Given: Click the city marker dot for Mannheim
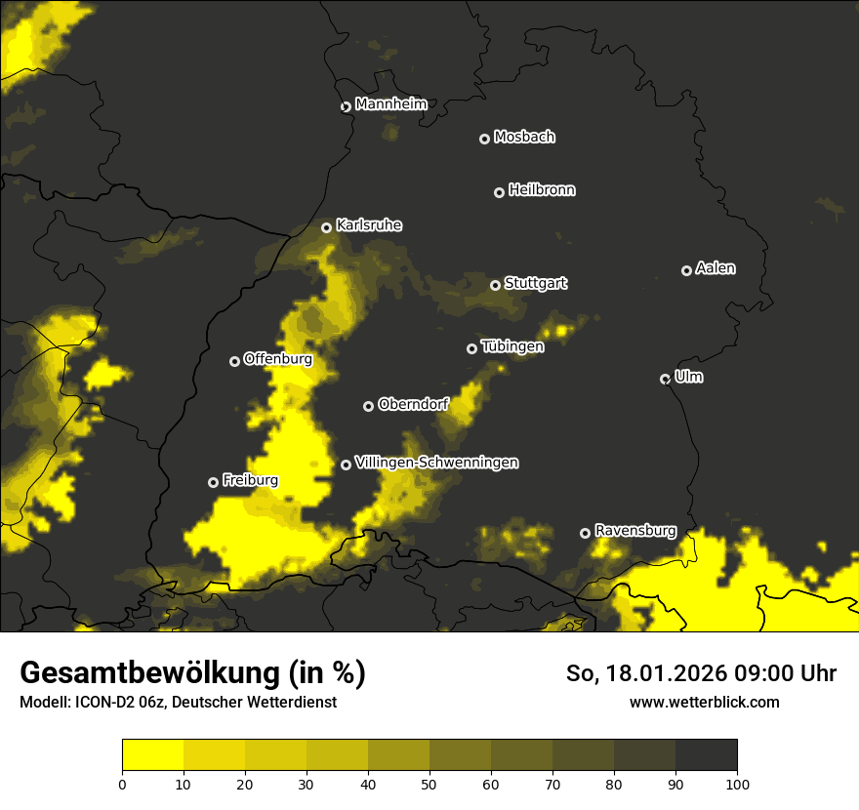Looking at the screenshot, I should [x=346, y=107].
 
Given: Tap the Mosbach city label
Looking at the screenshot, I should [x=524, y=138].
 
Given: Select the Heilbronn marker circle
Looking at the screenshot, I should [x=499, y=192].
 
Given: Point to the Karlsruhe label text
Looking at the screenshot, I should [x=369, y=225].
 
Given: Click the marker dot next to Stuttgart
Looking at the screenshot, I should [x=495, y=285].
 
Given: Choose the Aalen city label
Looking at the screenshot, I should [x=716, y=268].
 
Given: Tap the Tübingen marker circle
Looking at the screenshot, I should [x=472, y=348].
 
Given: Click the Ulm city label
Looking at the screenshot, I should [x=688, y=377].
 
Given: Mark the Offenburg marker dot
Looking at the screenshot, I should [x=234, y=361].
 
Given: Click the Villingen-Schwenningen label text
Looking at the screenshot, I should [x=436, y=463].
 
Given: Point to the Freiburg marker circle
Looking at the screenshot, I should [x=213, y=482].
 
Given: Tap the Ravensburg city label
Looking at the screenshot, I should [x=635, y=531].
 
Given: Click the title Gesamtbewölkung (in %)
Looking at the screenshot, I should [x=192, y=673].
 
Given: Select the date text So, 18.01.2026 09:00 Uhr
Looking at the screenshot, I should [x=701, y=673].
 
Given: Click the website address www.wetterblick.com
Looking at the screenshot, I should [x=704, y=702].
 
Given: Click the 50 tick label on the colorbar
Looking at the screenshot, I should [x=429, y=784].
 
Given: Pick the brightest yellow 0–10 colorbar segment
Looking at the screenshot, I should [x=152, y=755].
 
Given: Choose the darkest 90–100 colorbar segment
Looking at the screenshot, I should [x=706, y=755].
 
